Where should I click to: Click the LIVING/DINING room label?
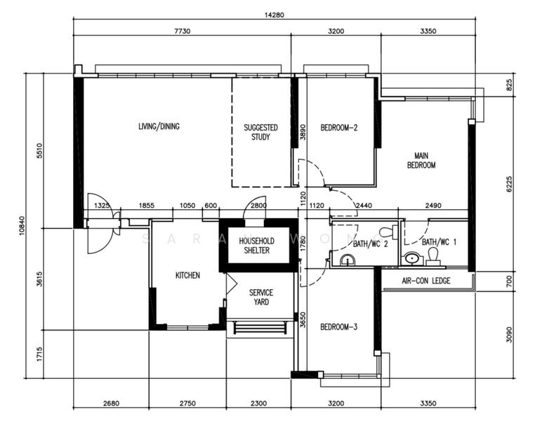[x=159, y=126]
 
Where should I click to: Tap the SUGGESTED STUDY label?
[x=260, y=133]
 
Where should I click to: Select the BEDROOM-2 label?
[x=338, y=128]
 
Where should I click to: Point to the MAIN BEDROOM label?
[x=421, y=161]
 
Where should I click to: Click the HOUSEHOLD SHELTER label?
[x=256, y=246]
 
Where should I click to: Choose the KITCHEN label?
[x=187, y=275]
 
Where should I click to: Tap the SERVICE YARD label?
[x=261, y=298]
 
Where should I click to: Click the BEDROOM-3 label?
[x=338, y=327]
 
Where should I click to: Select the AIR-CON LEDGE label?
[x=426, y=281]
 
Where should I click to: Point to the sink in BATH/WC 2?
[x=347, y=260]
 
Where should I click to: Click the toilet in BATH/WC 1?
[x=433, y=257]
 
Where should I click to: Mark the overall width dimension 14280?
[x=274, y=15]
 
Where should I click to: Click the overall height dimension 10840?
[x=22, y=225]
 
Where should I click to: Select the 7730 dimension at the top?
[x=182, y=31]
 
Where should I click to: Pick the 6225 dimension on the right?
[x=509, y=184]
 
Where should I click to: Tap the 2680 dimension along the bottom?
[x=111, y=403]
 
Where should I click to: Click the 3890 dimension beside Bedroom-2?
[x=303, y=132]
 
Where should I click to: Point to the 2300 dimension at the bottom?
[x=258, y=403]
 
